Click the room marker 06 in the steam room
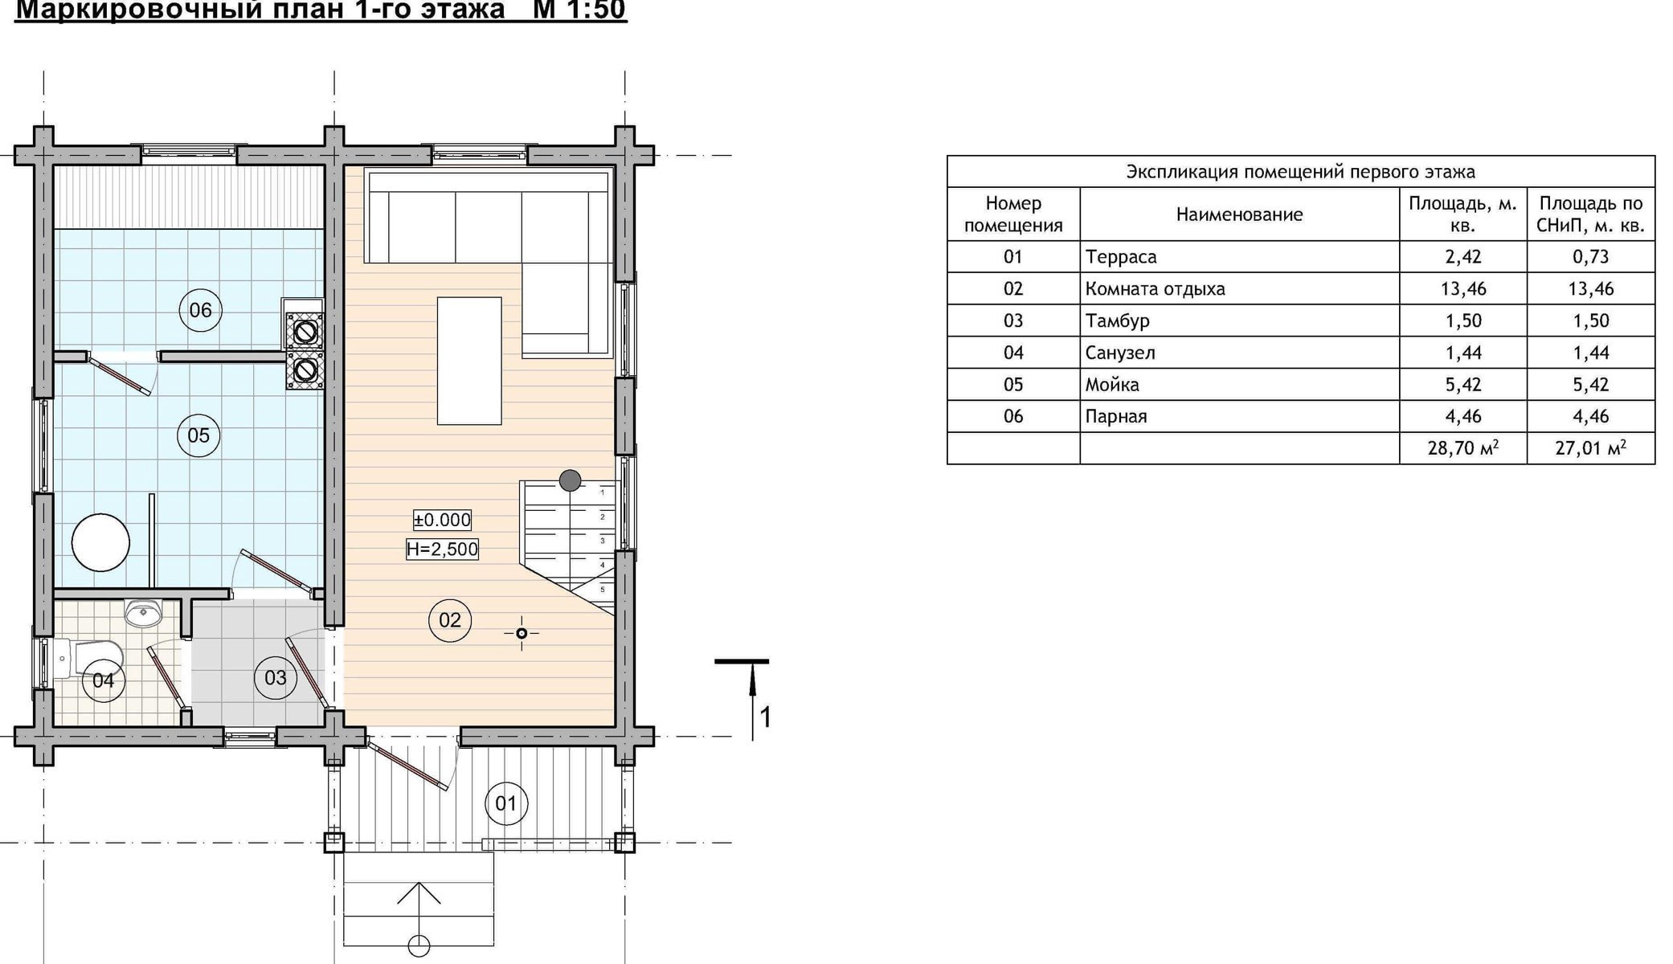point(200,310)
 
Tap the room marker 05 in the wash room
point(198,435)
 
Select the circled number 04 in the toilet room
point(104,681)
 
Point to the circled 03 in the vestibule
point(276,678)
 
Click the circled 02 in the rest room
point(450,620)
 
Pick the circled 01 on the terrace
point(506,803)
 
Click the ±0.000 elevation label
point(442,520)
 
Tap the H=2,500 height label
point(442,549)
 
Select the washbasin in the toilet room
point(145,613)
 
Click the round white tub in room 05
point(100,542)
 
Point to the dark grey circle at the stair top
point(571,480)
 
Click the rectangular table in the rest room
point(469,361)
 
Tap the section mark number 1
point(766,717)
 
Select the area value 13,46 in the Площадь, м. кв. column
point(1463,288)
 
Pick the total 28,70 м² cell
point(1463,448)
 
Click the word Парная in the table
point(1116,416)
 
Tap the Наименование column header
point(1240,214)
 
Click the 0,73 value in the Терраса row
point(1591,257)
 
